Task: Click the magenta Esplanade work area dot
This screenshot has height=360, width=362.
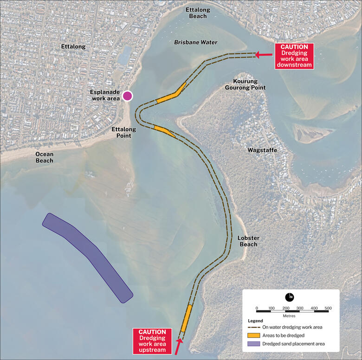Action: click(x=127, y=96)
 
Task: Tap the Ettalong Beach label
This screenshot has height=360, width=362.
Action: click(x=198, y=13)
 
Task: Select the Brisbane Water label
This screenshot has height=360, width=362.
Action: click(x=195, y=43)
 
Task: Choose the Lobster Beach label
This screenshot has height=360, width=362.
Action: click(x=248, y=241)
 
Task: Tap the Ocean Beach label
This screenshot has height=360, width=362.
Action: click(x=45, y=157)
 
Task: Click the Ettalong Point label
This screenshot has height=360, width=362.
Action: click(x=121, y=132)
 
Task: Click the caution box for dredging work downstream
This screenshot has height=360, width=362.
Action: click(x=294, y=56)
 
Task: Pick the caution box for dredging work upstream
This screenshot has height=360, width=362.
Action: click(x=152, y=341)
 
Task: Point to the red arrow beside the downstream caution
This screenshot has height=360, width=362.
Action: click(x=264, y=55)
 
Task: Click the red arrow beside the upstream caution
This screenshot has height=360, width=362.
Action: click(x=178, y=346)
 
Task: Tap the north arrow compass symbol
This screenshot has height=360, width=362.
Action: click(x=290, y=297)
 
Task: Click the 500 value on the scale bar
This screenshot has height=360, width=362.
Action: click(x=328, y=308)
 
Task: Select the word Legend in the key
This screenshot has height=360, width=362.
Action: click(x=255, y=321)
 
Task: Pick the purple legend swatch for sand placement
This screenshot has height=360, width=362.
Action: click(x=253, y=344)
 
